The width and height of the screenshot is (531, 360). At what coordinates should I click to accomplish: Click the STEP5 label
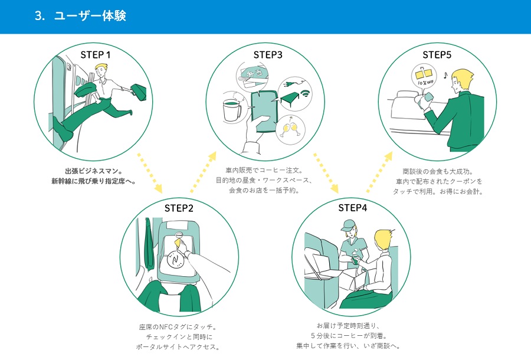click(437, 55)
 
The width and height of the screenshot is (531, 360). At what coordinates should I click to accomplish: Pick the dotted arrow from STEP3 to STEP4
click(325, 173)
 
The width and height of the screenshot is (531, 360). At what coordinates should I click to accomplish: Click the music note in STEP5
click(445, 76)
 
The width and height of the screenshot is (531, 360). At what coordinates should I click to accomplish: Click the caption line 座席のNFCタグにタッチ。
click(179, 326)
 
